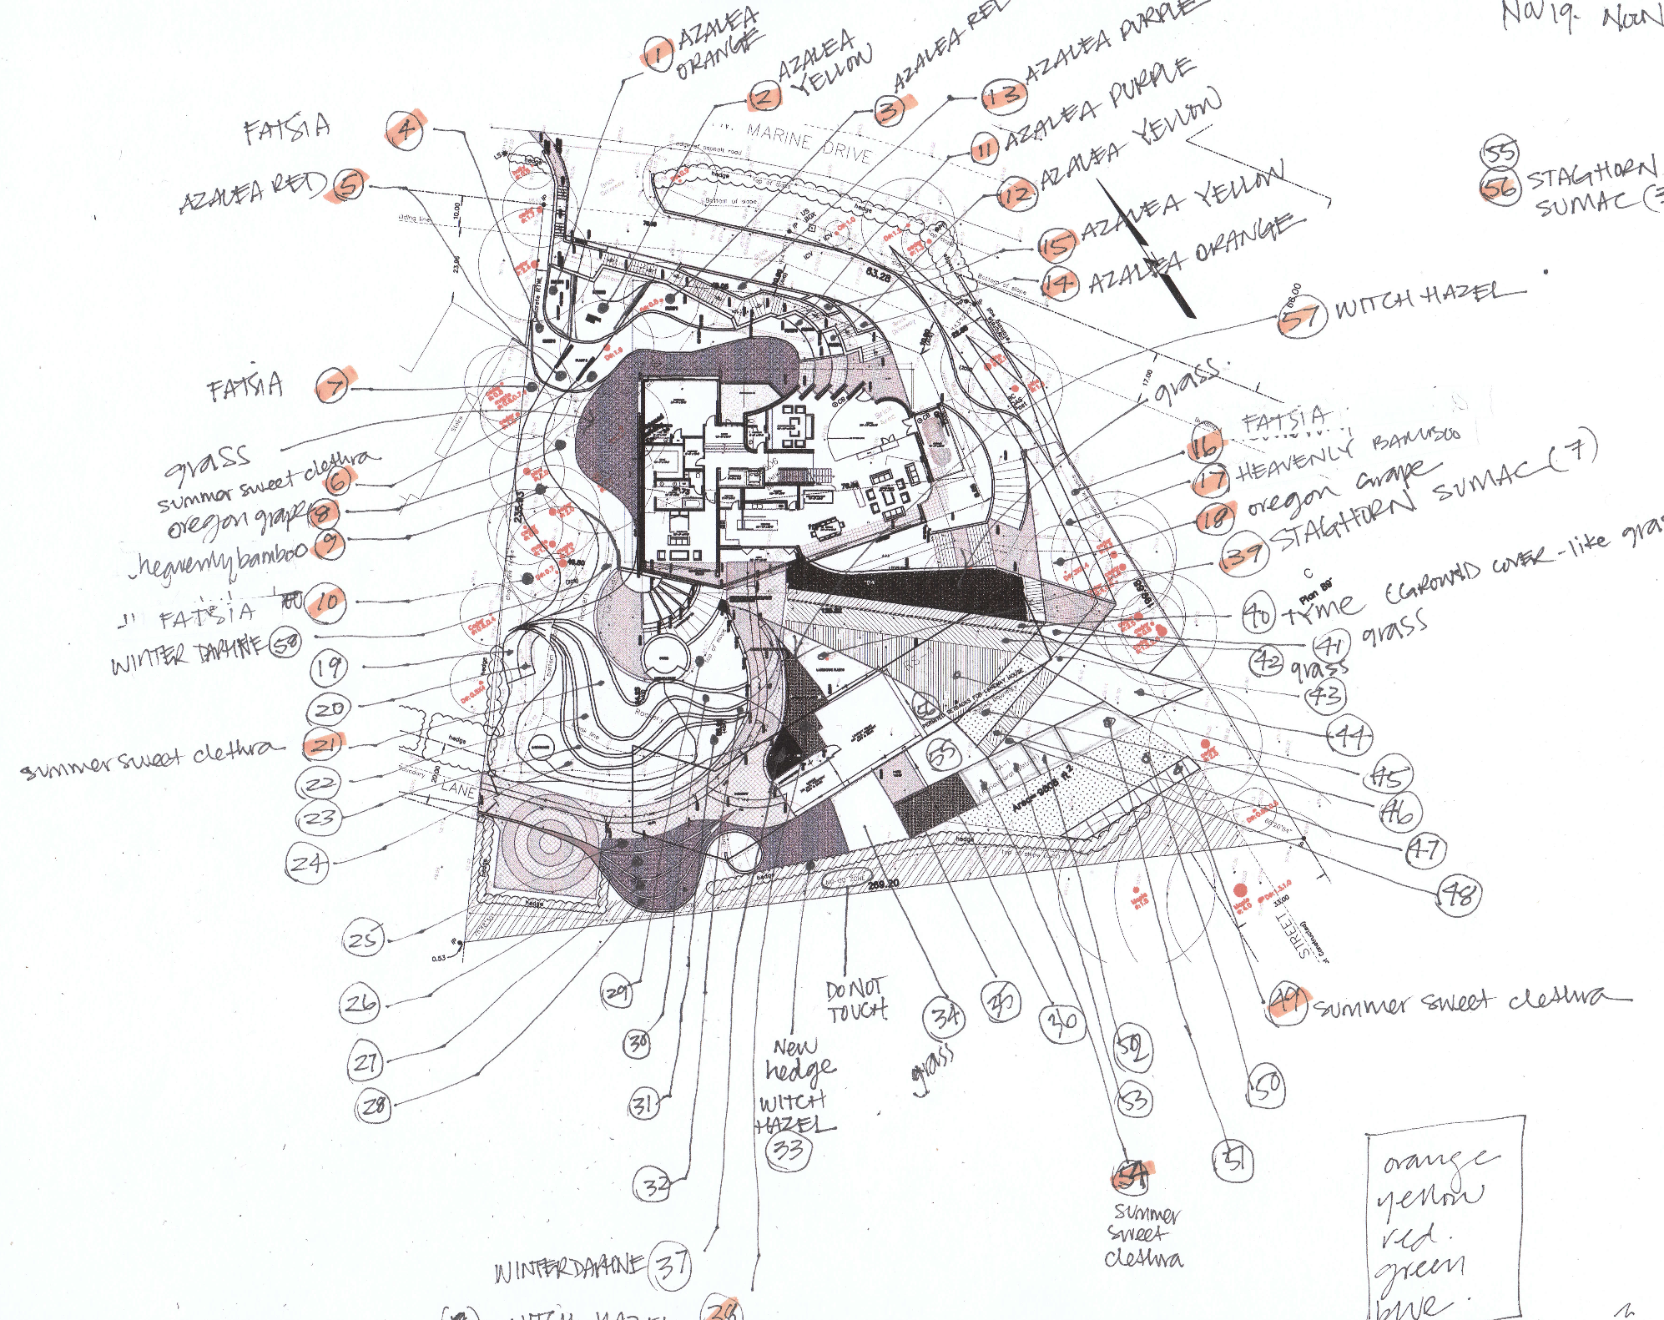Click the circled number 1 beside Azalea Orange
(658, 54)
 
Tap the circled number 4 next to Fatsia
(406, 130)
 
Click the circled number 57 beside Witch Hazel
(1302, 316)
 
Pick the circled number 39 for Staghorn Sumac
(1243, 553)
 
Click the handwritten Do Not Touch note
(856, 1000)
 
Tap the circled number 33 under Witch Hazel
(788, 1151)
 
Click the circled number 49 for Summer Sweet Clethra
(1288, 1001)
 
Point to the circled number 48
(1459, 895)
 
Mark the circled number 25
(363, 938)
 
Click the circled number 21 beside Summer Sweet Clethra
(324, 743)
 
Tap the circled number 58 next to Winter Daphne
(286, 643)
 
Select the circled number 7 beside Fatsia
(335, 386)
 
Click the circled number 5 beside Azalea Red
(350, 185)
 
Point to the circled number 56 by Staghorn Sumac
(1500, 188)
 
